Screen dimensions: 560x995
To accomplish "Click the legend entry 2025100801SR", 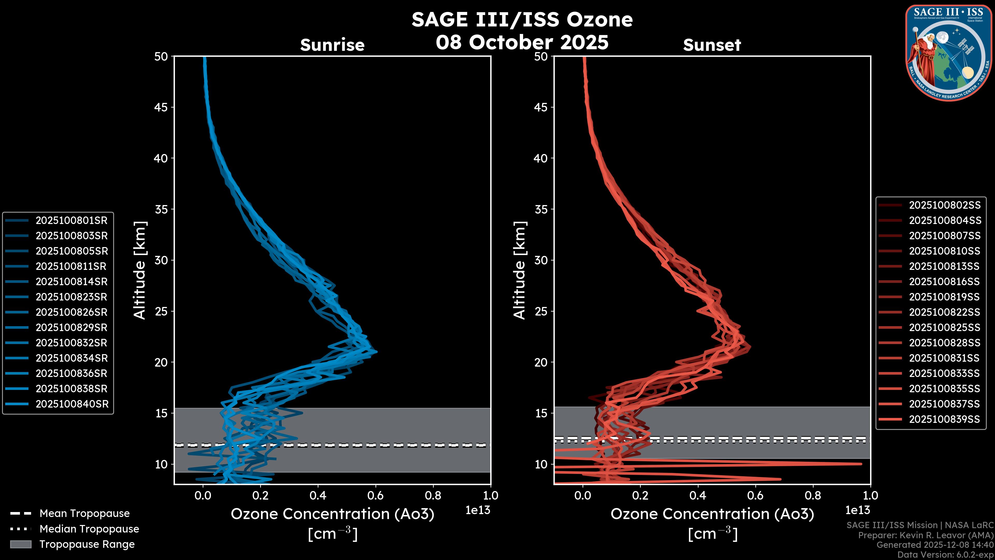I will (x=72, y=220).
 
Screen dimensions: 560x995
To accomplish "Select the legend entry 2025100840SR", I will (x=72, y=404).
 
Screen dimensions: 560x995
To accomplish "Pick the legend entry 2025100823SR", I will (x=72, y=297).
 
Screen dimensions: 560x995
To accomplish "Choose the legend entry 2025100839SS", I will (x=945, y=419).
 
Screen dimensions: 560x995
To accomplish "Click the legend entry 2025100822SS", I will (x=945, y=312).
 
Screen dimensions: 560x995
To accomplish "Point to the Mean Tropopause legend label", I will (x=84, y=514).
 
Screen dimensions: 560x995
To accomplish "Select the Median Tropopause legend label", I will (x=89, y=529).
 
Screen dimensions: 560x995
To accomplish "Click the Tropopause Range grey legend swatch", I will (x=20, y=544).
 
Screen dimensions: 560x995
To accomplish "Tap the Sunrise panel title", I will (x=332, y=45).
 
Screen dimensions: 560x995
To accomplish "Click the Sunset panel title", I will (x=712, y=45).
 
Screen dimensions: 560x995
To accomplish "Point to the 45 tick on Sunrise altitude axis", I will (x=161, y=107).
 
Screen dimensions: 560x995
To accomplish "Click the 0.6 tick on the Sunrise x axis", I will (x=375, y=495).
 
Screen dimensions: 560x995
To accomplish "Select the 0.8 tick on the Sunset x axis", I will (x=813, y=495).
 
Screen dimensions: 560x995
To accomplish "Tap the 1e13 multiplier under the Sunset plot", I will (x=857, y=510).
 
